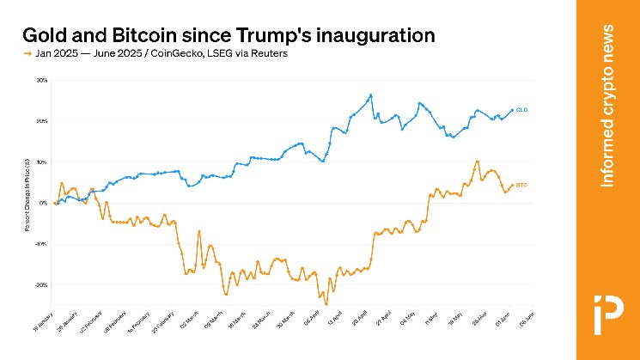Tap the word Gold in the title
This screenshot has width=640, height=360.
click(45, 35)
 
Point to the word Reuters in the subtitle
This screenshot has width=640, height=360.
click(267, 54)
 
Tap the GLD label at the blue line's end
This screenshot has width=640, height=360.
click(521, 110)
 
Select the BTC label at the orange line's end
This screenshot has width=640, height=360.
click(521, 185)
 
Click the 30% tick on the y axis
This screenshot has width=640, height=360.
click(42, 80)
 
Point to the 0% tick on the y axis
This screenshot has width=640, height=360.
click(44, 203)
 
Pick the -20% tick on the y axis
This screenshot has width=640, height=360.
click(41, 284)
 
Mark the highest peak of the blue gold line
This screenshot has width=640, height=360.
click(370, 95)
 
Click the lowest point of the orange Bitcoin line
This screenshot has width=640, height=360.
click(326, 304)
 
